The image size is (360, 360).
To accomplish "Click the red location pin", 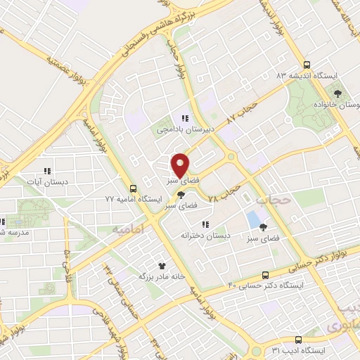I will tap(180, 165).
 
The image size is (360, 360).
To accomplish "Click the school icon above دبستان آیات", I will tap(47, 171).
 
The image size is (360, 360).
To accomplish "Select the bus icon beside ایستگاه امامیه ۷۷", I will tap(133, 188).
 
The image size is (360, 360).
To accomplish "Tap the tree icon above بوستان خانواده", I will tap(339, 92).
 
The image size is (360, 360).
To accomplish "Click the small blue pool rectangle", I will tap(252, 219).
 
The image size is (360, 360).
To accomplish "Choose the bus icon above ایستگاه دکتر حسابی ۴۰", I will tap(265, 275).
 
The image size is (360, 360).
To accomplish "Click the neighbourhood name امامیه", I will tap(127, 229).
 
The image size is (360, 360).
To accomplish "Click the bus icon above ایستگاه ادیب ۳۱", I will tap(298, 339).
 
